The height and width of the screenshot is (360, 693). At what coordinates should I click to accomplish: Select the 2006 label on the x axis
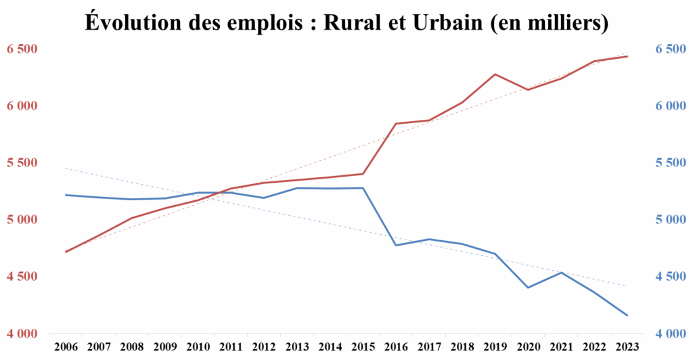[x=66, y=346]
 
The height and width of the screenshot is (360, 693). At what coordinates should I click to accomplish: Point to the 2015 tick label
[x=363, y=346]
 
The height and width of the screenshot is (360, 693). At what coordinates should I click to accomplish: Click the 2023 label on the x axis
[x=627, y=346]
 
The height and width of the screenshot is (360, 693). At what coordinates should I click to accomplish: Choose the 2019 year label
[x=495, y=346]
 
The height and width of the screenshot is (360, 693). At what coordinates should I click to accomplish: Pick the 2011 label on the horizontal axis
[x=231, y=346]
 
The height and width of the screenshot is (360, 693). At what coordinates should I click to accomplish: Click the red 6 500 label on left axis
[x=22, y=49]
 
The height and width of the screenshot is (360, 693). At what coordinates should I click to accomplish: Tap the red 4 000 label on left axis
[x=22, y=334]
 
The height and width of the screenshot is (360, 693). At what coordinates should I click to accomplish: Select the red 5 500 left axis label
[x=22, y=163]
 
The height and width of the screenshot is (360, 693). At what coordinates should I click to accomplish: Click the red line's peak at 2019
[x=495, y=74]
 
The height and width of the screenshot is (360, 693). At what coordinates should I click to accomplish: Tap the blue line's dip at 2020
[x=529, y=288]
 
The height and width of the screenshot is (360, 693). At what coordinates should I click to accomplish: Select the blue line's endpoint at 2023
[x=627, y=315]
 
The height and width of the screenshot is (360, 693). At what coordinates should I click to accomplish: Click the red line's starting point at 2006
[x=66, y=252]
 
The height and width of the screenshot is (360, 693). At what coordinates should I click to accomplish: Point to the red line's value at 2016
[x=396, y=124]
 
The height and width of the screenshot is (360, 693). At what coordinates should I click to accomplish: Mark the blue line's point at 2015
[x=363, y=188]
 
